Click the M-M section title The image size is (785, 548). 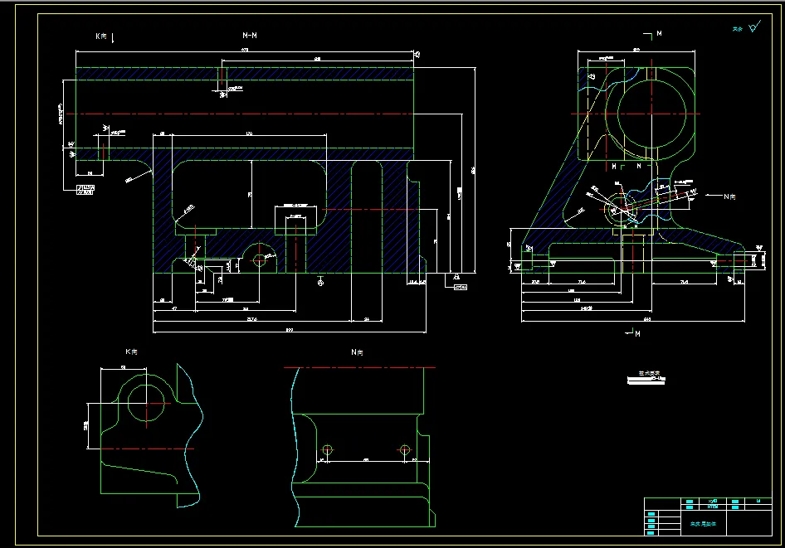249,36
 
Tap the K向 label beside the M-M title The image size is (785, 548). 102,36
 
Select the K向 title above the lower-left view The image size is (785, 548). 131,352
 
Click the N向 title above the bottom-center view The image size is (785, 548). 357,352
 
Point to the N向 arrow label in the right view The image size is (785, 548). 730,196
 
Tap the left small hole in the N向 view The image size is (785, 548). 327,450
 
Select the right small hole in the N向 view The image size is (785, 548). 405,450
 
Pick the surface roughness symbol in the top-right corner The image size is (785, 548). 753,27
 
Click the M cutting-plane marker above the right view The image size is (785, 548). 656,34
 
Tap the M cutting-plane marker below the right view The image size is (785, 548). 634,333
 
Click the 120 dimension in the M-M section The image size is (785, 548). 248,133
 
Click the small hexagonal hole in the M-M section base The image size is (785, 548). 260,259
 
